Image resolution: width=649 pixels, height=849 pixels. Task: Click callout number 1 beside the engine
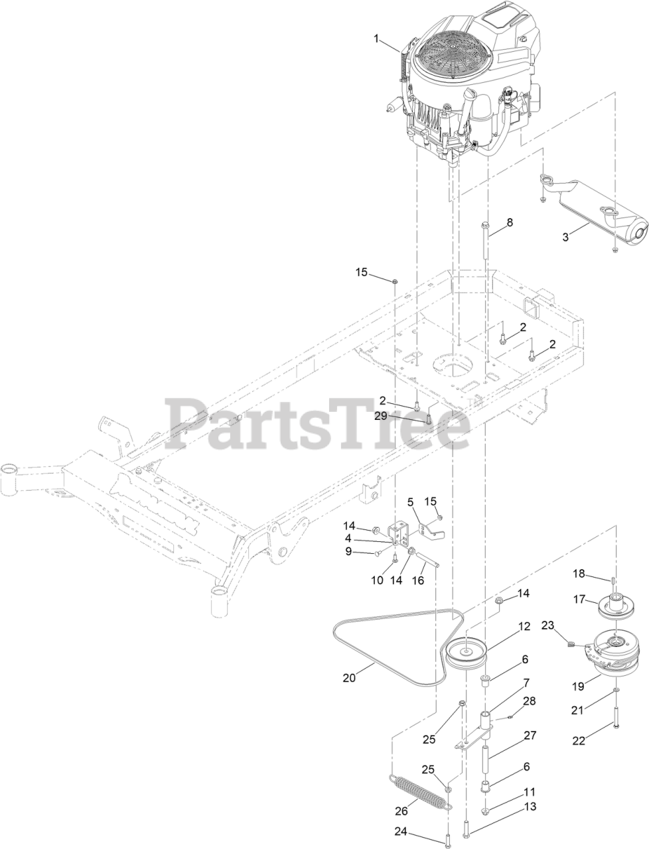click(x=377, y=40)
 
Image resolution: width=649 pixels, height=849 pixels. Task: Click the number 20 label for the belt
click(x=350, y=677)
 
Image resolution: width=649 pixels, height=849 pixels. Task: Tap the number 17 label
click(x=579, y=599)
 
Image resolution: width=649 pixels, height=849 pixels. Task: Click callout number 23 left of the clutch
click(x=547, y=624)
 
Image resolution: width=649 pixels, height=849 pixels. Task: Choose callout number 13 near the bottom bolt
click(x=530, y=807)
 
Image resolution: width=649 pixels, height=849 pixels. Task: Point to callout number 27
click(x=529, y=736)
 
